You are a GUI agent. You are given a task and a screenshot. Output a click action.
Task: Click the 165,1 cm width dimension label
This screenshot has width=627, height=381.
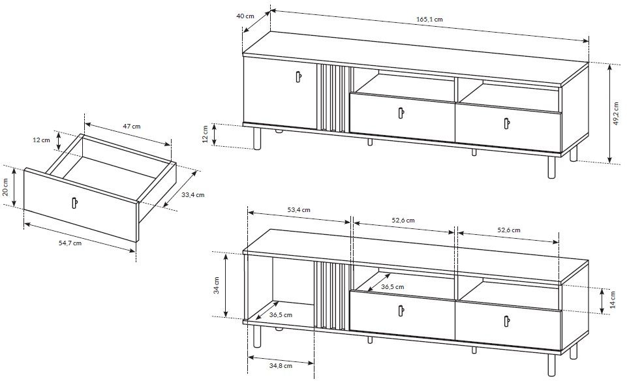[x=430, y=19]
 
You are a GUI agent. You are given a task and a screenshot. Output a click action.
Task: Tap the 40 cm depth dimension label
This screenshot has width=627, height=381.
[x=245, y=16]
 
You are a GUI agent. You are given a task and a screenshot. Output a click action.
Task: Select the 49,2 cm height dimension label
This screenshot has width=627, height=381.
[x=618, y=114]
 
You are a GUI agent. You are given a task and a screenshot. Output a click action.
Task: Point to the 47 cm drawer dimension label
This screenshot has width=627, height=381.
[x=132, y=127]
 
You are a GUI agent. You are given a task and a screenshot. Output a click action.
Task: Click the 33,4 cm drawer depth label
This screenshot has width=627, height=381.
[x=192, y=194]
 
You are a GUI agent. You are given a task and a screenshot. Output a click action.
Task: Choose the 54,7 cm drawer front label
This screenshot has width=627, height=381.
[x=70, y=242]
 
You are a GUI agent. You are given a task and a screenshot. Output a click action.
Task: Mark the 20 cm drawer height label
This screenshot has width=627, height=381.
[x=5, y=187]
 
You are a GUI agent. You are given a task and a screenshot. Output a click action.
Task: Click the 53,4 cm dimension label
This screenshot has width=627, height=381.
[x=299, y=210]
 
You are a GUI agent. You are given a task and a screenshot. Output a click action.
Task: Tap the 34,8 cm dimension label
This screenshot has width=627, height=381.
[x=281, y=365]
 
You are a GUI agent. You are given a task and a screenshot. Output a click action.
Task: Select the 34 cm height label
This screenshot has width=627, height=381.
[x=217, y=285]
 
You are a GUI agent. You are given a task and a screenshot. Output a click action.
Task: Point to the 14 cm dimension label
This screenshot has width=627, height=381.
[x=613, y=299]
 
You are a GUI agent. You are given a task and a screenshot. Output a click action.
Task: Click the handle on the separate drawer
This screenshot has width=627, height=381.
[x=74, y=203]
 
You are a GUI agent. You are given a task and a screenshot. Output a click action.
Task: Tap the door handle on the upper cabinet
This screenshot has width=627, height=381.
[x=298, y=76]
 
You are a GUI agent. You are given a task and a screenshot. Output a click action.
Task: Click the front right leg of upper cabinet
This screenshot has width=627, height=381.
[x=552, y=167]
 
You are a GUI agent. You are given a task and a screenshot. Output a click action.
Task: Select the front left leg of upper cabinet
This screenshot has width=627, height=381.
[x=256, y=138]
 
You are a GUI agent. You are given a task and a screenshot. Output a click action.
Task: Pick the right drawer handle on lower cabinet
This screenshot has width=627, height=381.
[x=507, y=322]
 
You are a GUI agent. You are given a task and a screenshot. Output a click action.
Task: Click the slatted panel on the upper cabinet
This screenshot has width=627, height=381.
[x=333, y=99]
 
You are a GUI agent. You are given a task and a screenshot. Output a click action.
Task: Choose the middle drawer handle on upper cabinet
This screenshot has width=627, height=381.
[x=401, y=113]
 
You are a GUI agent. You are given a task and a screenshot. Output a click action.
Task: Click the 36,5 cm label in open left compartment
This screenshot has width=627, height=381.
[x=281, y=314]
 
